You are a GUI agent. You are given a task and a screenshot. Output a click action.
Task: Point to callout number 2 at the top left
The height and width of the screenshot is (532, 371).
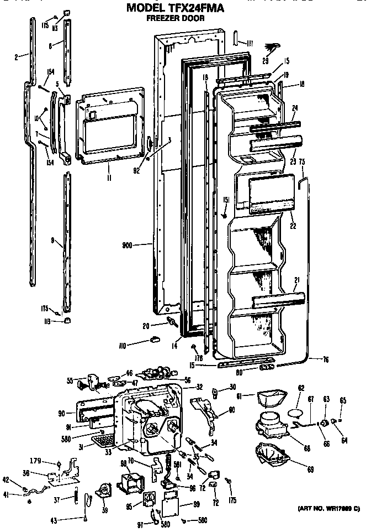click(x=17, y=55)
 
